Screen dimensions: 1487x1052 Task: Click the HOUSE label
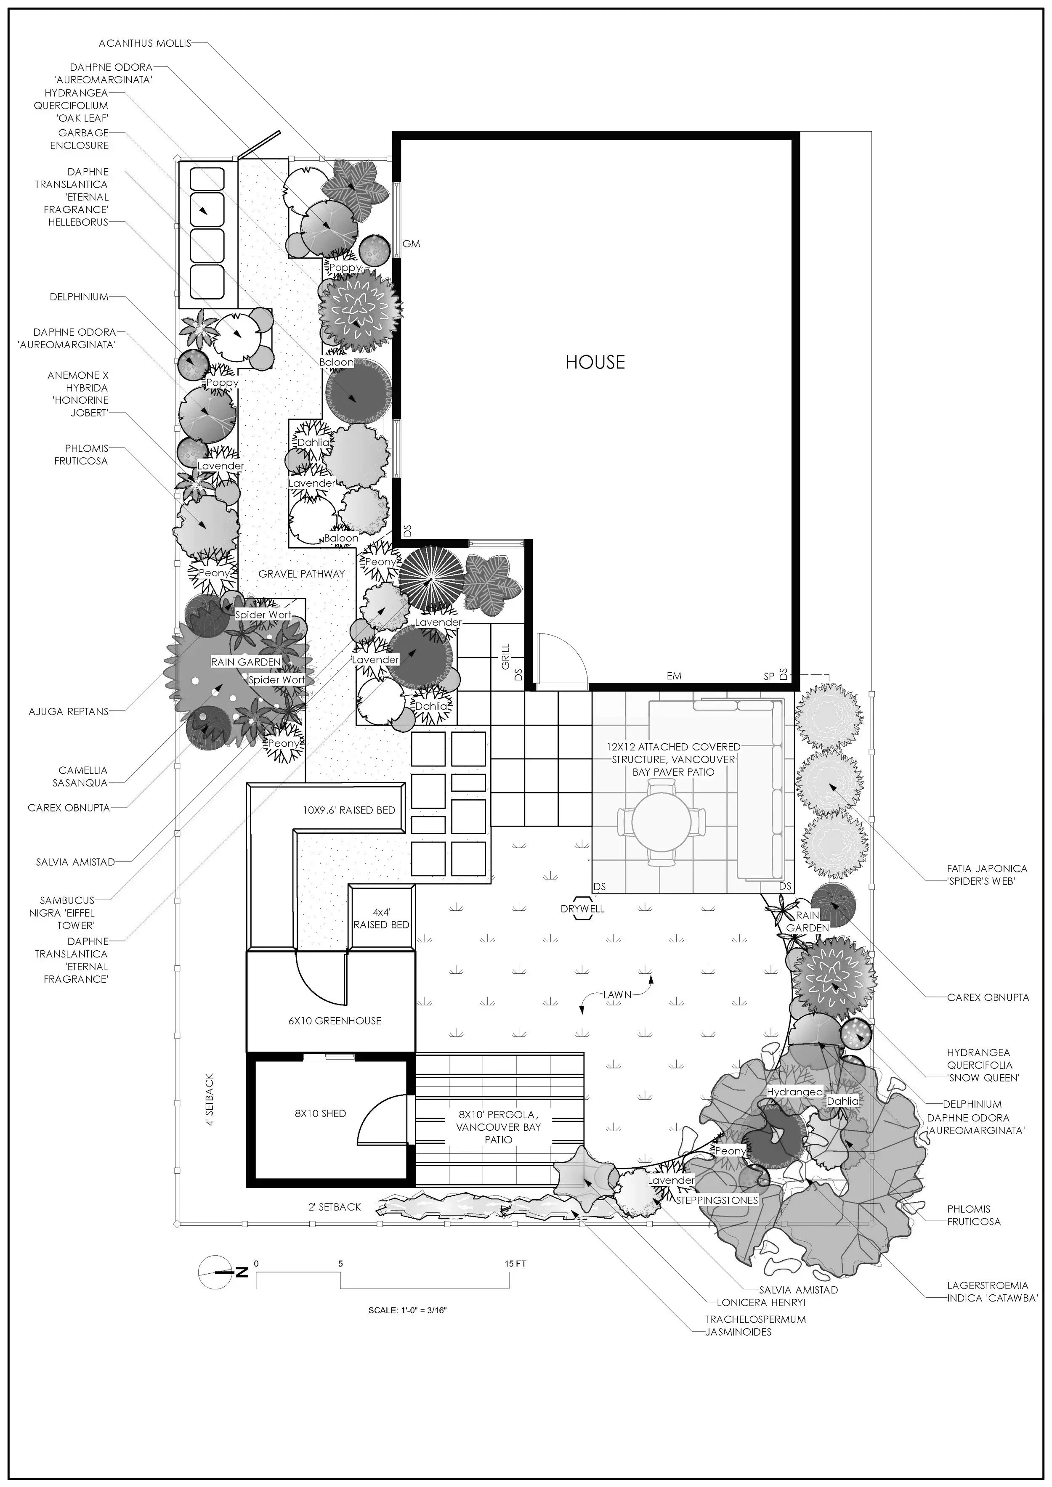[x=595, y=362]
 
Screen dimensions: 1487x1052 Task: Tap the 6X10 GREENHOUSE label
[x=335, y=1020]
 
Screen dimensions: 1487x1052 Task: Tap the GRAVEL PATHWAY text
[x=301, y=574]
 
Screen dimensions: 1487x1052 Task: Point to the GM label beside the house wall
[x=412, y=244]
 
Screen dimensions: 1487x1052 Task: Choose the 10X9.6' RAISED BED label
[x=348, y=810]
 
